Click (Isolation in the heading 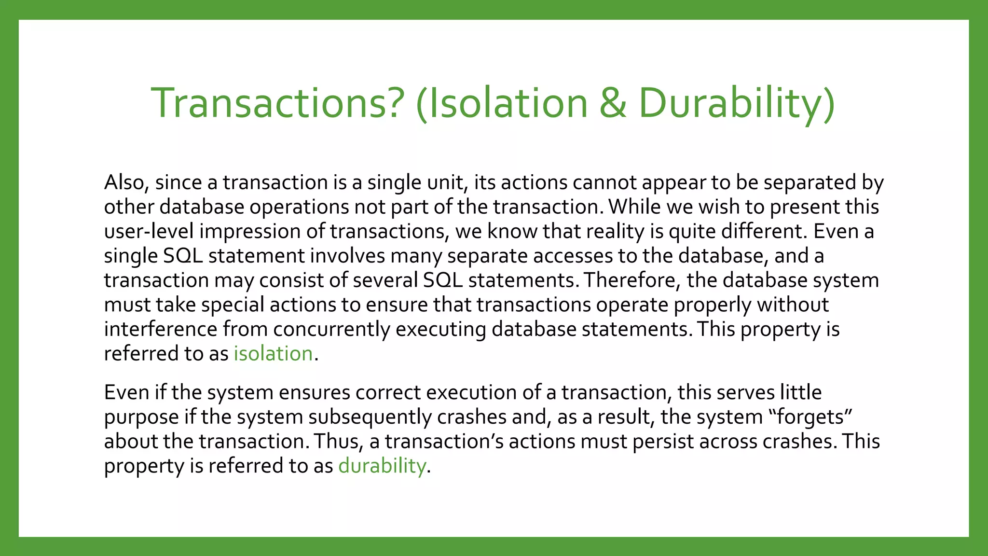click(x=502, y=103)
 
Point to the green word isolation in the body click(x=273, y=354)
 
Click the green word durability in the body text click(x=382, y=466)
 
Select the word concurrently click(x=331, y=330)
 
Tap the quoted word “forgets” click(x=810, y=417)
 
